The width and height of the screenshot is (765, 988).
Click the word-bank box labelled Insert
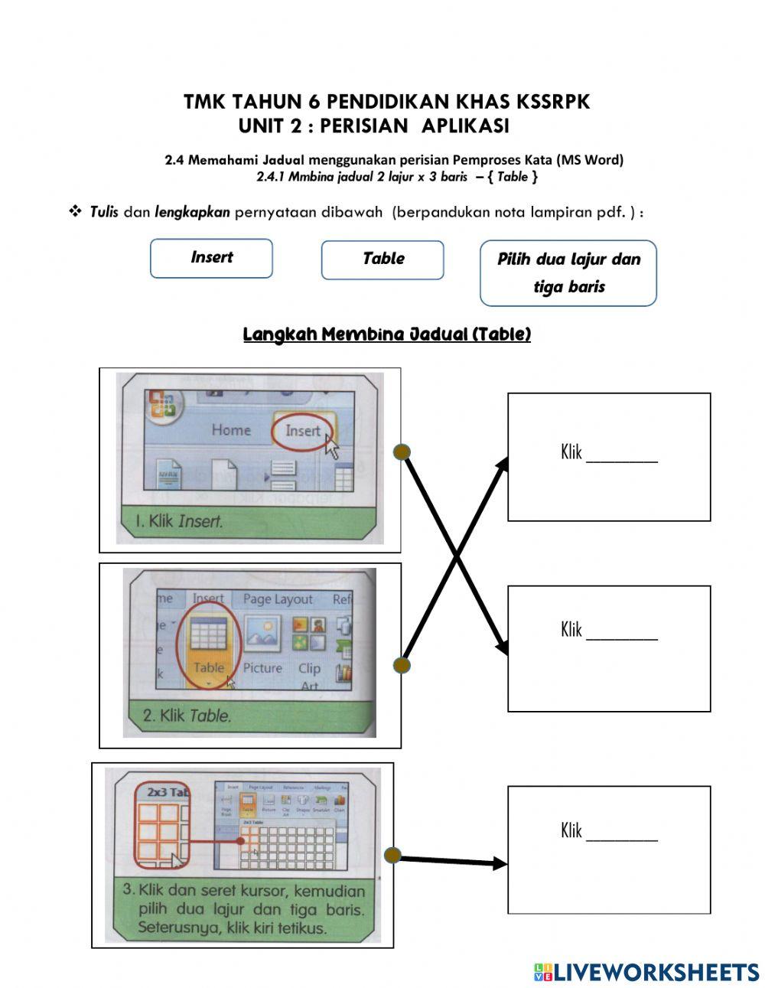[211, 258]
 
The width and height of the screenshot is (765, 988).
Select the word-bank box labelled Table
[382, 259]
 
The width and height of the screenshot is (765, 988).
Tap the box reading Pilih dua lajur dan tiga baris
[568, 272]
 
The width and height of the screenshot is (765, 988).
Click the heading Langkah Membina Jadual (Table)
[386, 334]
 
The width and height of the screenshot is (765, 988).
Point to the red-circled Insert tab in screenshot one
[302, 431]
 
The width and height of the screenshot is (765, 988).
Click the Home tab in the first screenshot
[231, 430]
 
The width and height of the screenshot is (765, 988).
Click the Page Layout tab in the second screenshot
[277, 599]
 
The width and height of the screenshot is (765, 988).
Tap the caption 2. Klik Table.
[187, 716]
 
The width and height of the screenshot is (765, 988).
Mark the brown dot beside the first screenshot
[402, 452]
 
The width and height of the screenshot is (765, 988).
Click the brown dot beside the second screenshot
[402, 665]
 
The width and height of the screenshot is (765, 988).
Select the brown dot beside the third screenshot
[392, 856]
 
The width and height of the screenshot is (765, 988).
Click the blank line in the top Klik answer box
[622, 460]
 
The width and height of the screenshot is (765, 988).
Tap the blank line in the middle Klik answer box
[622, 637]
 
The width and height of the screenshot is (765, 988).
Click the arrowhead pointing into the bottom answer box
[500, 863]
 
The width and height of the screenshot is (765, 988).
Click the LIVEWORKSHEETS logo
[646, 972]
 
